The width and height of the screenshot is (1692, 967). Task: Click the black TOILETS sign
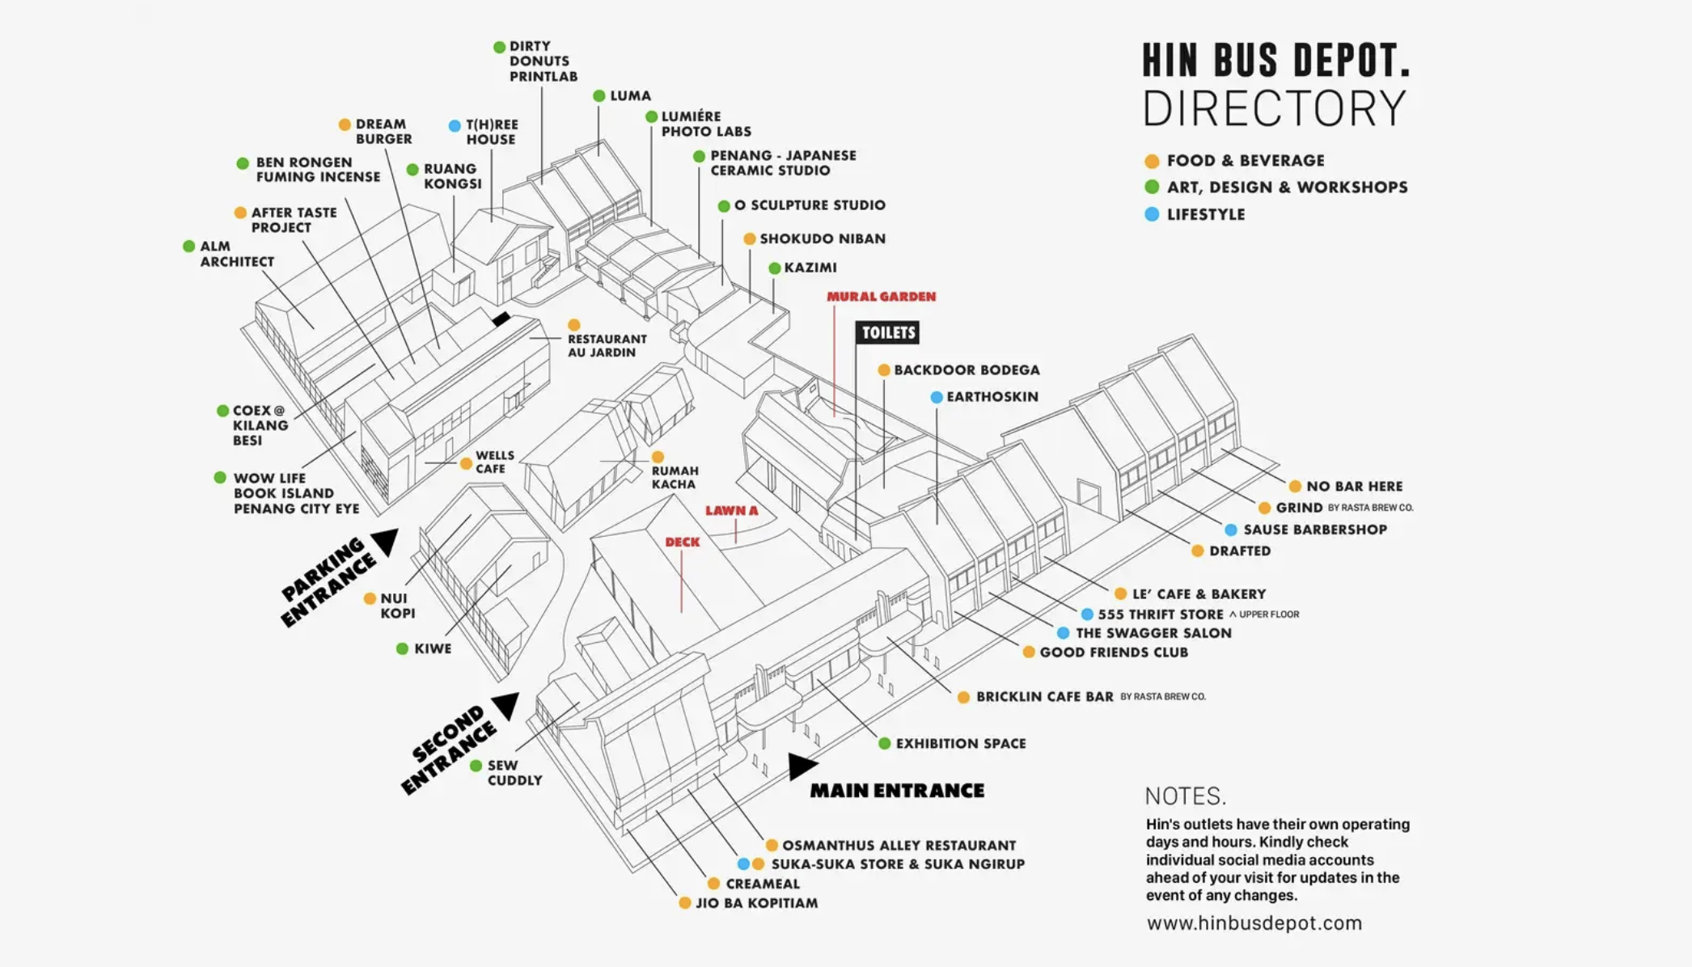click(887, 332)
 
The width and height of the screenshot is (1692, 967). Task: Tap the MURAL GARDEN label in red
click(881, 297)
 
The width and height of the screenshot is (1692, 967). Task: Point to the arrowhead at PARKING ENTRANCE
click(385, 542)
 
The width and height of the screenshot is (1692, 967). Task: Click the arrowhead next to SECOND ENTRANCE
click(506, 706)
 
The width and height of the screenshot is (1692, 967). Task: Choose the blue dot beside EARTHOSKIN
click(936, 397)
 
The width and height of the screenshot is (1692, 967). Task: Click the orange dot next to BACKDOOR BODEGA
click(884, 370)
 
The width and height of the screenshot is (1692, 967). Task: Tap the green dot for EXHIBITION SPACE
click(885, 744)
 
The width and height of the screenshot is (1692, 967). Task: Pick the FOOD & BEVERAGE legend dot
click(1152, 161)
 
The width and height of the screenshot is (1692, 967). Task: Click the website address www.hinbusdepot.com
click(1254, 923)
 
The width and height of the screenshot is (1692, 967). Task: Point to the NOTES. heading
click(1186, 796)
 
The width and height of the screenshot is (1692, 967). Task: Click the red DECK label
click(683, 543)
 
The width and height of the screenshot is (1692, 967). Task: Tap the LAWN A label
click(731, 511)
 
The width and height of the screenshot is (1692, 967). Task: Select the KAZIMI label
click(810, 268)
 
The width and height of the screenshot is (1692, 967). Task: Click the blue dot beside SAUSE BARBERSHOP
click(1230, 530)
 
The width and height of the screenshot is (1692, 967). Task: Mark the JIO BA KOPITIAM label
click(757, 903)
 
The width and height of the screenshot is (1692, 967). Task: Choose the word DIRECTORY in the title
click(1275, 108)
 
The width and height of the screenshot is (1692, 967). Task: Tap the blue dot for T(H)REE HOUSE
click(455, 126)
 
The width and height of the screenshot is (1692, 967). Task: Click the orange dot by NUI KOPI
click(370, 599)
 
